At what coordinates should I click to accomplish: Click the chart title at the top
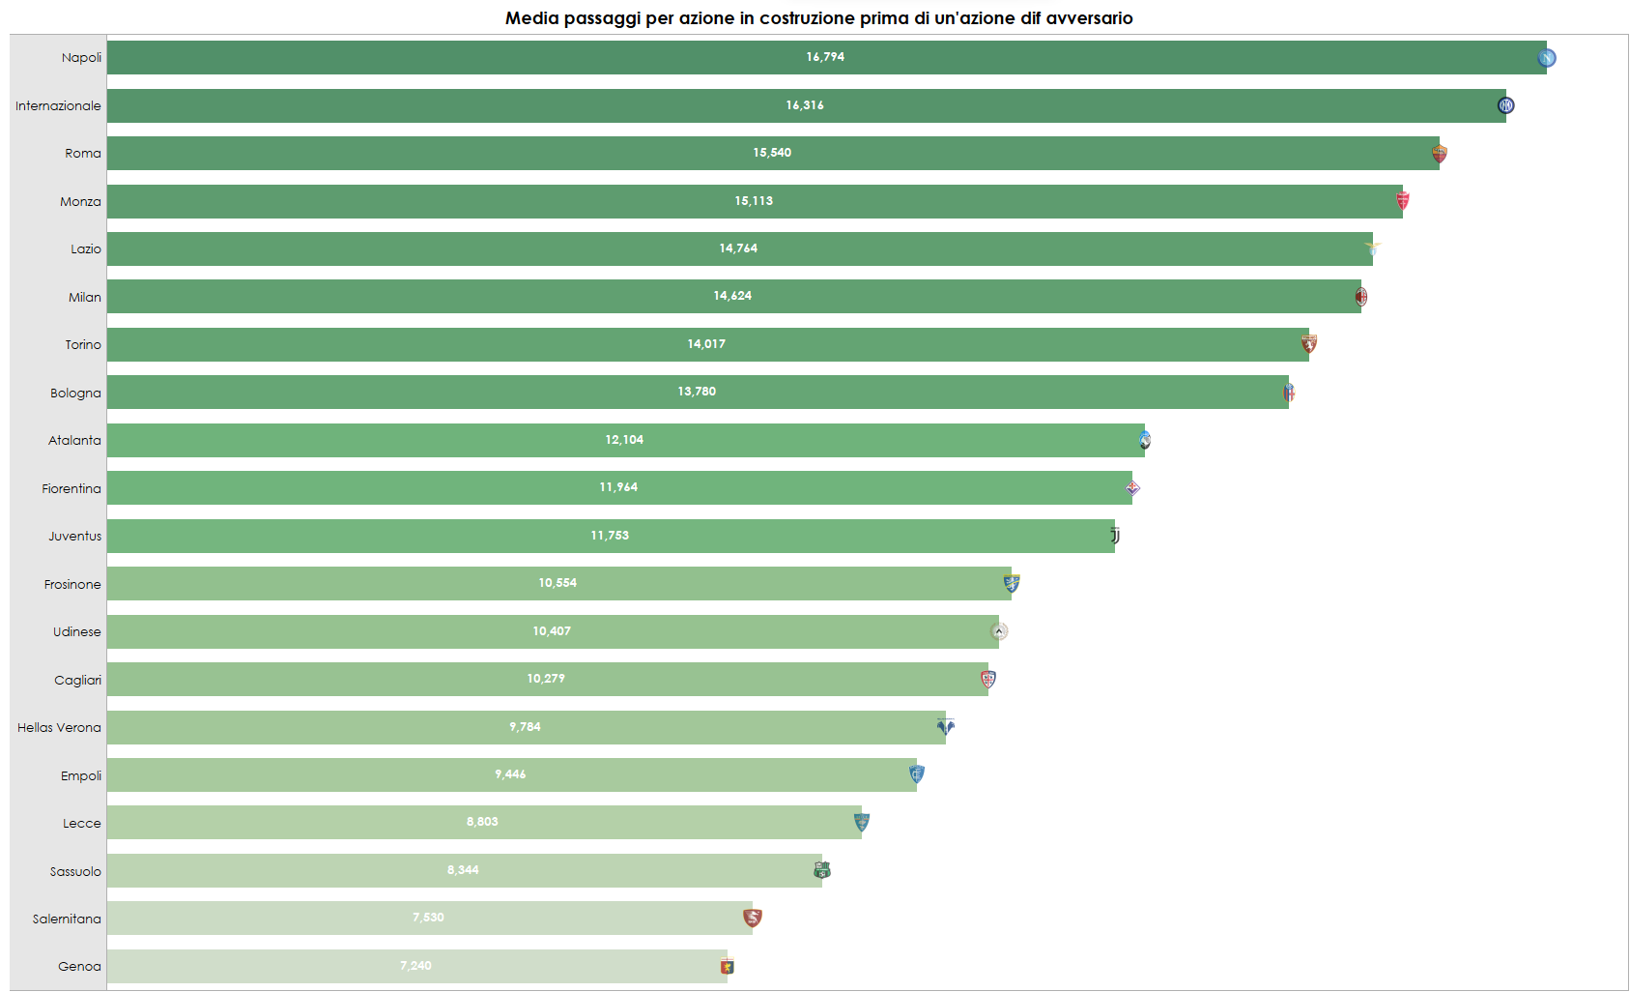click(818, 18)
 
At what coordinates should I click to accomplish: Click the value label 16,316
click(805, 105)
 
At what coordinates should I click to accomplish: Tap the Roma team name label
click(83, 154)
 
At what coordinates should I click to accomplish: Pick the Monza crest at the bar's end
click(1403, 201)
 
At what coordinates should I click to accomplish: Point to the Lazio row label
click(85, 249)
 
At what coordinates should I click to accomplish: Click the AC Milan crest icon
click(1360, 297)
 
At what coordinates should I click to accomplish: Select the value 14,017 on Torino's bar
click(706, 344)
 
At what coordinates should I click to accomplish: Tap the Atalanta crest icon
click(1145, 441)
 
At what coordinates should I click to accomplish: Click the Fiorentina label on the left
click(71, 489)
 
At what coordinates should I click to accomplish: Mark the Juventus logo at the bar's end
click(1115, 536)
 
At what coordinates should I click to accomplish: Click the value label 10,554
click(558, 583)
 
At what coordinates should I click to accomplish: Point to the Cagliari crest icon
click(988, 680)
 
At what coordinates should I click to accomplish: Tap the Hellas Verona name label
click(59, 728)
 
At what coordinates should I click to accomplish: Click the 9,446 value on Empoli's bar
click(510, 774)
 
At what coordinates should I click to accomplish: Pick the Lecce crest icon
click(862, 822)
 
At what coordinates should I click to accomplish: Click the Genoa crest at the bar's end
click(728, 966)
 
